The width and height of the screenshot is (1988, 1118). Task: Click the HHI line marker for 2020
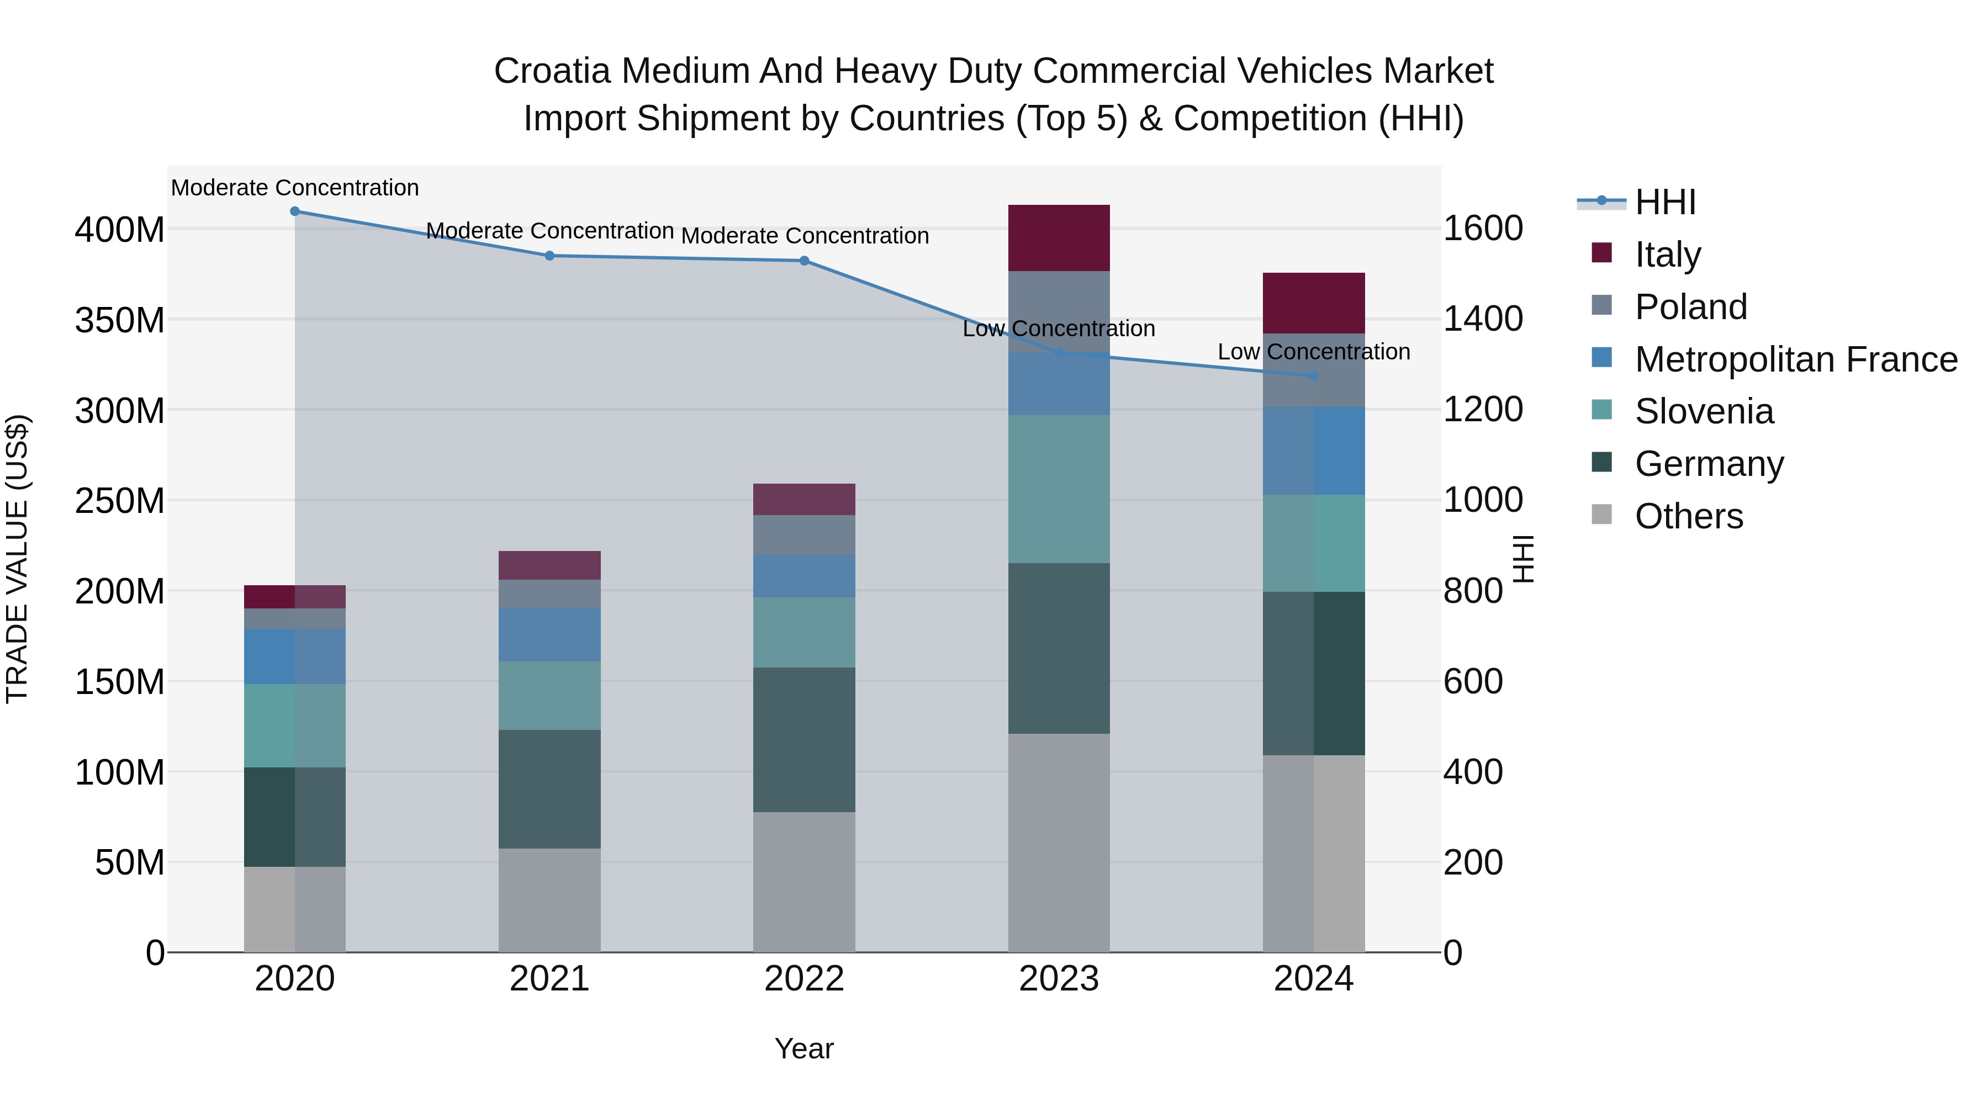[x=295, y=211]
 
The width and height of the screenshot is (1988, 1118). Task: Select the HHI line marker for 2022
[x=804, y=261]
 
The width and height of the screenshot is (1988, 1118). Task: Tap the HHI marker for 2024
[x=1314, y=376]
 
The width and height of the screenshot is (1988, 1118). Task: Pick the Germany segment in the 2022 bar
[x=804, y=739]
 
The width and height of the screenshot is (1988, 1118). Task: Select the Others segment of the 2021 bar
[x=549, y=900]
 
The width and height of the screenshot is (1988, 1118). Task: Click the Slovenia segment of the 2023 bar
[x=1059, y=489]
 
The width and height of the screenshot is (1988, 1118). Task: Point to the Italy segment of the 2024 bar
[x=1314, y=303]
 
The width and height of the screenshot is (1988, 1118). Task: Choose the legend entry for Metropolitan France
[x=1795, y=359]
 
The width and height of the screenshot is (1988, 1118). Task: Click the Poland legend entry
[x=1690, y=307]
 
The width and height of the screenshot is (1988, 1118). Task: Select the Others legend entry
[x=1689, y=516]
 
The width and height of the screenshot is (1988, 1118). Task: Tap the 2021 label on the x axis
[x=549, y=979]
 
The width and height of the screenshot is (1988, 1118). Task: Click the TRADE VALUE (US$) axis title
[x=17, y=559]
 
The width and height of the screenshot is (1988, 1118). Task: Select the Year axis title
[x=804, y=1048]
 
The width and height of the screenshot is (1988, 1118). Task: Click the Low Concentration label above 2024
[x=1314, y=352]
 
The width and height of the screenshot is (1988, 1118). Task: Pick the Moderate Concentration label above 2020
[x=295, y=188]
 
